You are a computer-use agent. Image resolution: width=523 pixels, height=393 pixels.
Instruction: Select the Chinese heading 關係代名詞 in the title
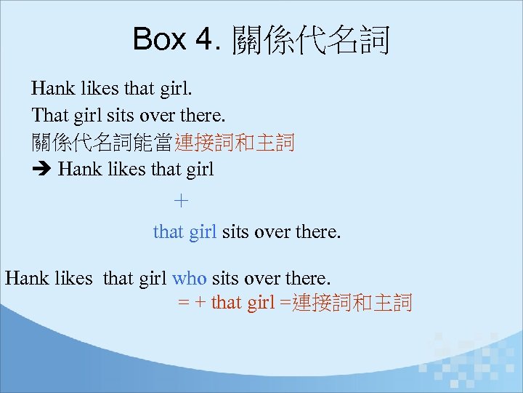coord(311,41)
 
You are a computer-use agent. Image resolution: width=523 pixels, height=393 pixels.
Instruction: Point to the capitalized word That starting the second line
coord(49,116)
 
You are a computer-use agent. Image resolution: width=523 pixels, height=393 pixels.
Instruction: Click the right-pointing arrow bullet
coord(41,170)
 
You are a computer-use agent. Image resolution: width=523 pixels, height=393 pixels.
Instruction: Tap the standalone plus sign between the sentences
coord(182,200)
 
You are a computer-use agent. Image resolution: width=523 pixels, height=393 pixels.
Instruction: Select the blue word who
coord(190,278)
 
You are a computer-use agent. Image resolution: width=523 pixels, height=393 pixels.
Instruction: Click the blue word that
coord(169,232)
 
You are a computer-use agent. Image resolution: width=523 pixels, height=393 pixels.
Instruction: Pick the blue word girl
coord(203,232)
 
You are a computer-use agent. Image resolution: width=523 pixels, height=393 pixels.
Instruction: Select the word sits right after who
coord(225,278)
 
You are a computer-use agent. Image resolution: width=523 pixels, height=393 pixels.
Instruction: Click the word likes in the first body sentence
coord(99,90)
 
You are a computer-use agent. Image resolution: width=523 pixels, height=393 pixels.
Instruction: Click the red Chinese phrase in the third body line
coord(234,143)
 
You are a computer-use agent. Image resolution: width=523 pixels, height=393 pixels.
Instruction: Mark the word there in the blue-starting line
coord(318,232)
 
